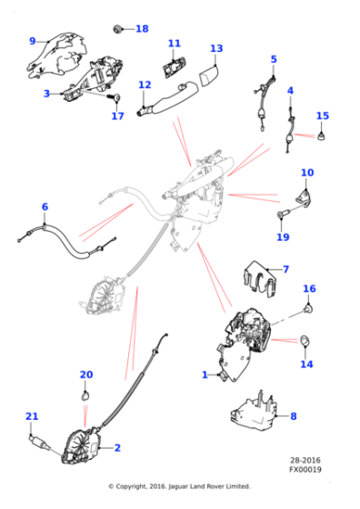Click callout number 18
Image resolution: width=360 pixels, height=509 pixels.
click(142, 28)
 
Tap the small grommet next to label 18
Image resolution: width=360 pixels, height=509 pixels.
click(117, 29)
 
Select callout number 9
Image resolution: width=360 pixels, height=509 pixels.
click(32, 41)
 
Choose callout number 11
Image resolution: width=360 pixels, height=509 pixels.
click(174, 44)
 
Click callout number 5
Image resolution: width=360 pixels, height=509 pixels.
click(274, 59)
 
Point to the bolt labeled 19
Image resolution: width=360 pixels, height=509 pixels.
click(282, 214)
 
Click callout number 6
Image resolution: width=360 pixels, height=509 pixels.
click(45, 206)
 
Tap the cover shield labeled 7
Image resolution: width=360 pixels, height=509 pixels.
click(260, 279)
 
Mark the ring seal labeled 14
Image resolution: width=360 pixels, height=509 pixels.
click(305, 340)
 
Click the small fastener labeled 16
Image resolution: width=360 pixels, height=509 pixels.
click(308, 309)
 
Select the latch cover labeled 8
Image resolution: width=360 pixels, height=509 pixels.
click(255, 412)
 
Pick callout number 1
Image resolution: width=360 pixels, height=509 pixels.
click(205, 374)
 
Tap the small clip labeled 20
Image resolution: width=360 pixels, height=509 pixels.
click(85, 396)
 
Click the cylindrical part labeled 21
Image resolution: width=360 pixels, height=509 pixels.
click(40, 443)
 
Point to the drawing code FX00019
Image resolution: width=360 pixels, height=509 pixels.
click(305, 469)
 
